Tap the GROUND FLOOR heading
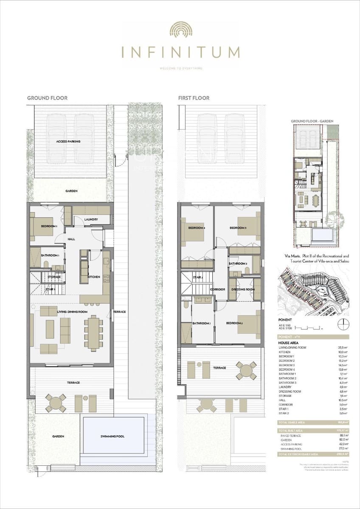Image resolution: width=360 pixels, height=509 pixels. [x=47, y=98]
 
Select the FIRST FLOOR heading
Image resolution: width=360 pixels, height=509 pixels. [x=194, y=98]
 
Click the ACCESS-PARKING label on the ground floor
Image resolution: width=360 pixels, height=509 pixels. [x=68, y=141]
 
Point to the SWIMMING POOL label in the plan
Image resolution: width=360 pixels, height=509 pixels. [x=112, y=436]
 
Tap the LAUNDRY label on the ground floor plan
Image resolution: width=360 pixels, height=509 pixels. [x=91, y=219]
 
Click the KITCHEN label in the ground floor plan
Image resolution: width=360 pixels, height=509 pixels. [x=94, y=277]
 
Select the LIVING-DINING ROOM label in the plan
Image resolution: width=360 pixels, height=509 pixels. [x=72, y=312]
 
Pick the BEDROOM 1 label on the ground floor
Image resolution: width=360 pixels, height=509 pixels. [x=49, y=226]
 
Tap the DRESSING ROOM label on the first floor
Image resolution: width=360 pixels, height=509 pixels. [x=243, y=289]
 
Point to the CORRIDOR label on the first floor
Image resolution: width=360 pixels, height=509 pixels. [x=217, y=289]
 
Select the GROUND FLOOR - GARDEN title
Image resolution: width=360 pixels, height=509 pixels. [x=312, y=121]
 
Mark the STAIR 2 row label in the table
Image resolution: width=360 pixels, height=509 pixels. [x=284, y=413]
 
